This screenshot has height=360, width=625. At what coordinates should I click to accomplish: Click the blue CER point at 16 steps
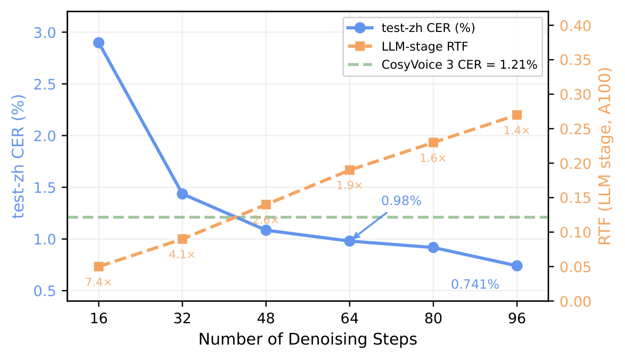coord(98,43)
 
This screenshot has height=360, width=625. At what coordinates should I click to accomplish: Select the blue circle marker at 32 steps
coord(182,194)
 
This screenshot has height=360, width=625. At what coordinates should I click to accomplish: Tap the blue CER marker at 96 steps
coord(517,266)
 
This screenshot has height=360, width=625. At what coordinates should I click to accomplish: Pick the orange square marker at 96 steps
coord(517,115)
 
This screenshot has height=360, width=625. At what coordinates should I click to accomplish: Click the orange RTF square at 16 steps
coord(98,266)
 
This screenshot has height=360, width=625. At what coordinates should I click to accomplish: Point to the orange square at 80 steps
coord(433,142)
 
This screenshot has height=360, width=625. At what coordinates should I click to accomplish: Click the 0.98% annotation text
coord(401,201)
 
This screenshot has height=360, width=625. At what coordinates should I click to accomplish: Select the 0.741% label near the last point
coord(475,285)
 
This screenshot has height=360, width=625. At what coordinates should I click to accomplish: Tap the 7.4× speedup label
coord(98,282)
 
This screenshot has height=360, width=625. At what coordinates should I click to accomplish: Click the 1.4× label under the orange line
coord(517,130)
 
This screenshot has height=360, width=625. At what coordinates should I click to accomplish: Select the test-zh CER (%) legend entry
coord(428,27)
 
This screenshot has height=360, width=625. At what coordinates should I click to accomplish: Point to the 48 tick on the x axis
coord(266,318)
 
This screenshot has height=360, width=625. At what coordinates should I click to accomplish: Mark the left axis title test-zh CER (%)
coord(19,157)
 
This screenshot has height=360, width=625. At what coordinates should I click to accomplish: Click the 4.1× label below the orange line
coord(182,255)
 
